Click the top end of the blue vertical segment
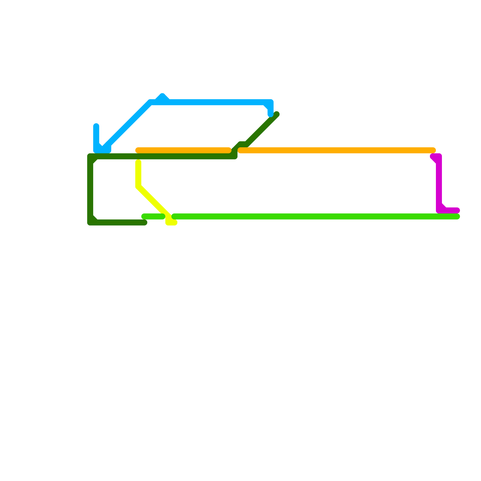[x=96, y=126]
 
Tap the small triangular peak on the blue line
[x=162, y=96]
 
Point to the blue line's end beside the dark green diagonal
[x=271, y=115]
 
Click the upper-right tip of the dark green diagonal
[x=277, y=114]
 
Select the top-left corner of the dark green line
[x=90, y=157]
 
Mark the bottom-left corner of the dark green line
[x=90, y=222]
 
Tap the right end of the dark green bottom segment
[x=145, y=222]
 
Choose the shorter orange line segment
[x=183, y=150]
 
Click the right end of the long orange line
[x=433, y=150]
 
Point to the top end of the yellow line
[x=138, y=162]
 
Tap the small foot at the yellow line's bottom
[x=172, y=222]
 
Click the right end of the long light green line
[x=457, y=216]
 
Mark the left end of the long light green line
[x=174, y=216]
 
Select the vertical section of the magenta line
[x=439, y=183]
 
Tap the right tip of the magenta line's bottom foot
[x=457, y=210]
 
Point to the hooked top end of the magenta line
[x=433, y=156]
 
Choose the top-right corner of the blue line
[x=271, y=102]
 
